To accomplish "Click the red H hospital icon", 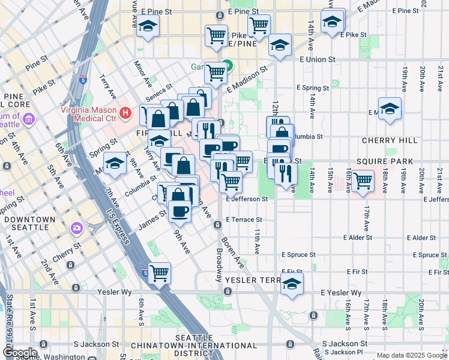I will coord(125,112).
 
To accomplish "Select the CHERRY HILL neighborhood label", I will coord(390,140).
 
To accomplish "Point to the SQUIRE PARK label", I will coord(393,161).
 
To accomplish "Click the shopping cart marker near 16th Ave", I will coord(363,181).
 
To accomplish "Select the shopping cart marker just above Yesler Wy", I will coord(160,273).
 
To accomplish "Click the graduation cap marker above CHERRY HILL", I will coord(390,109).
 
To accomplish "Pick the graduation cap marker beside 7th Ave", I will coord(114,164).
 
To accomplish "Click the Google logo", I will coord(19,352).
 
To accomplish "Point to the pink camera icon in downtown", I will coord(77,228).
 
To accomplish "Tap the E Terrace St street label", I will coord(244,220).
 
